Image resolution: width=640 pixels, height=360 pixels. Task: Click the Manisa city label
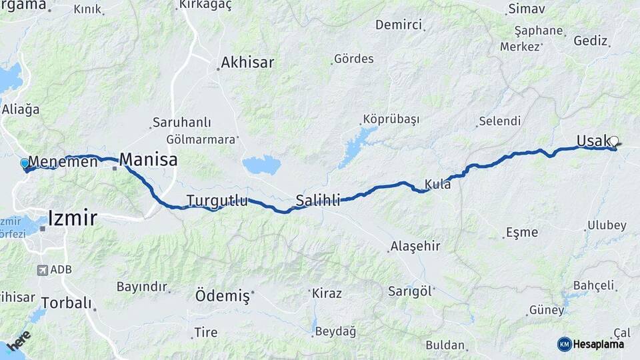[x=149, y=160]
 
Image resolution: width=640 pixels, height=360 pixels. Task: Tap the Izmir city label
[x=72, y=218]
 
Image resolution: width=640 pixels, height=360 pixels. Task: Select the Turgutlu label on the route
[x=217, y=201]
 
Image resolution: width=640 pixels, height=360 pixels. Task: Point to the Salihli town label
[x=318, y=199]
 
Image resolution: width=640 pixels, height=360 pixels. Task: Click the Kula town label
[x=438, y=185]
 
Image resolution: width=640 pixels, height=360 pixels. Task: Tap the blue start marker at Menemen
[x=25, y=163]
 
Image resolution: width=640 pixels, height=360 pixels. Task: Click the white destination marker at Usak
[x=614, y=141]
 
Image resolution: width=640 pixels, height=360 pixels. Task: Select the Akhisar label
[x=247, y=63]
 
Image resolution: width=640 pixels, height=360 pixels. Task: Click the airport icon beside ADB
[x=43, y=270]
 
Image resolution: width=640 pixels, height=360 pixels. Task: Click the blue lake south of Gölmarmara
[x=261, y=165]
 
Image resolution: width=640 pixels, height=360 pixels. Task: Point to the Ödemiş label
[x=222, y=295]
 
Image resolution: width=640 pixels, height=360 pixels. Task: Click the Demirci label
[x=399, y=25]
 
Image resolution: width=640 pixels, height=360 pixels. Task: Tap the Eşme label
[x=522, y=233]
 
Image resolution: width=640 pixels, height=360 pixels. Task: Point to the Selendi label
[x=499, y=121]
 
